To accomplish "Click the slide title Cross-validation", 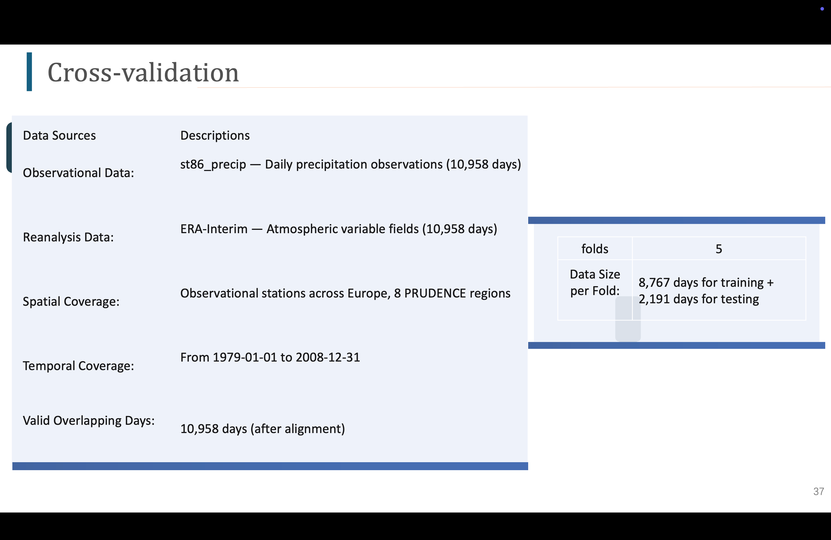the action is tap(143, 72).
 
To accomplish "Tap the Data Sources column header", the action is tap(59, 136).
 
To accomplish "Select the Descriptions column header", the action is tap(215, 136).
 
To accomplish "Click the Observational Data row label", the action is tap(79, 173).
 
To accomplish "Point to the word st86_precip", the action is tap(213, 164).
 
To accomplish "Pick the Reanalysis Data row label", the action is tap(68, 238).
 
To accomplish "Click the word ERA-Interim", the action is tap(214, 229).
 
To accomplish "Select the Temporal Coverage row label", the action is tap(79, 366).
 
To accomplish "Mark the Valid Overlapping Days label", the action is tap(89, 421).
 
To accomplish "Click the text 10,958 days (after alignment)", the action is tap(262, 429).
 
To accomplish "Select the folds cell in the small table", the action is tap(595, 249).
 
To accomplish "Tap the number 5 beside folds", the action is tap(719, 249).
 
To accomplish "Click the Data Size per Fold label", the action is tap(595, 283).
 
